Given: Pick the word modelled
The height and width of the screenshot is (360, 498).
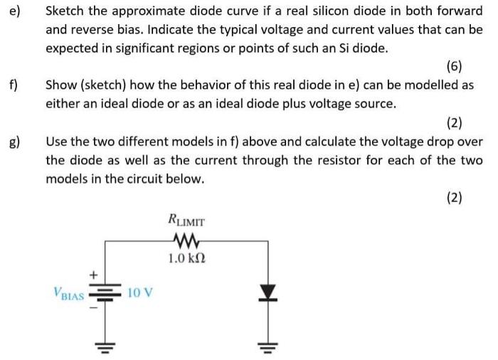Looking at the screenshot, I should click(x=439, y=85).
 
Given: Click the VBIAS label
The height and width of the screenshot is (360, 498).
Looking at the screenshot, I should click(x=69, y=292).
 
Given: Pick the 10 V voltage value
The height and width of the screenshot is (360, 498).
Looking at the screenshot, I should click(x=140, y=292).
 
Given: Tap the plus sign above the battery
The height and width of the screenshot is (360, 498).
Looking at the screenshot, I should click(x=92, y=272).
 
